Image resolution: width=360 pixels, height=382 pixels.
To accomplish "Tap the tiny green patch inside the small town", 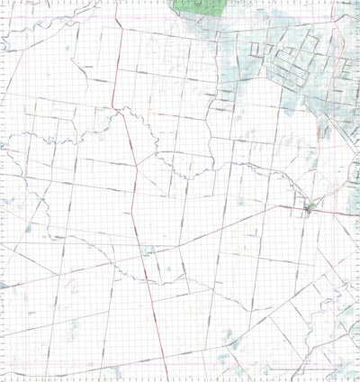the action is pos(310,208).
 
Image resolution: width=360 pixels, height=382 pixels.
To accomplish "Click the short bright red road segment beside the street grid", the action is pos(321,126).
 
